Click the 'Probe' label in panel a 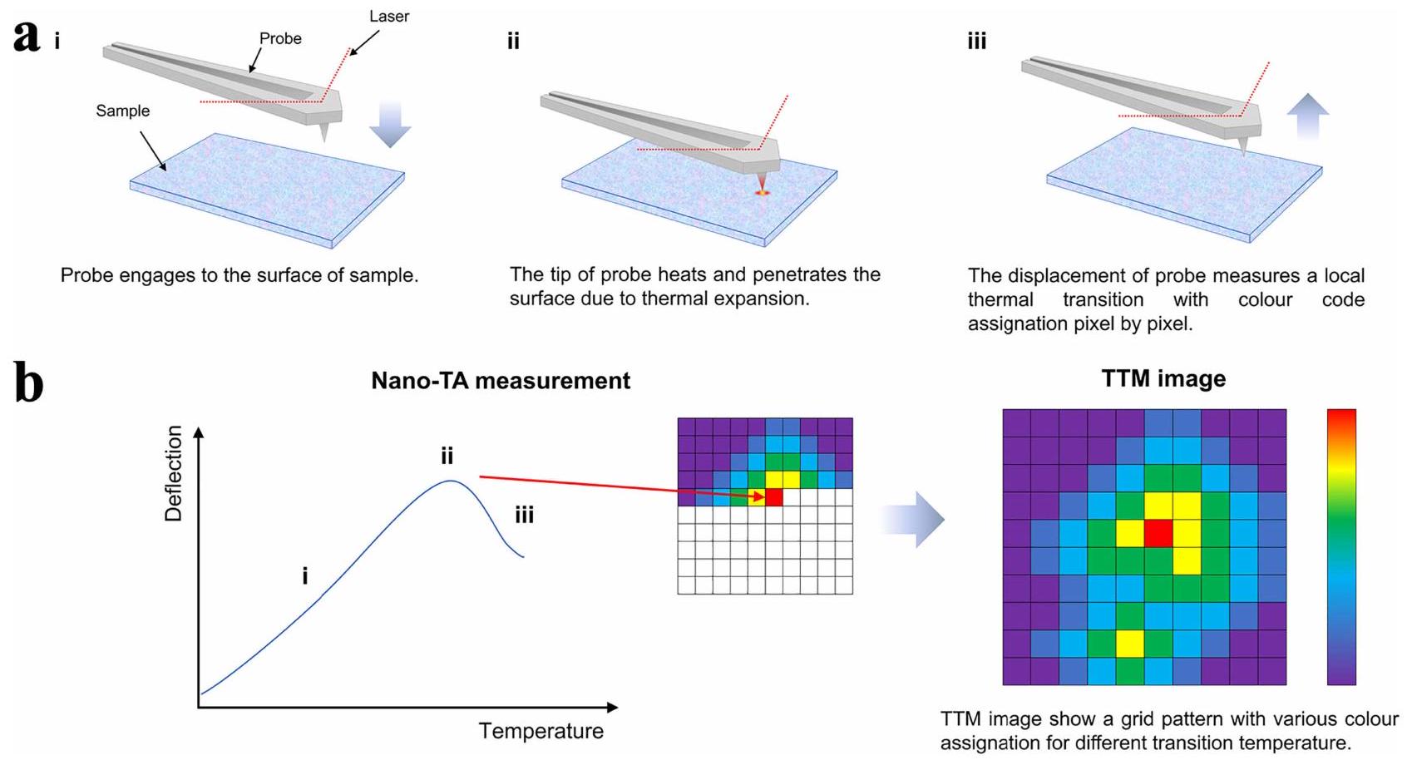click(x=280, y=38)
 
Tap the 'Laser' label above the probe click(x=389, y=16)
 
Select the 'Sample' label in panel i click(x=122, y=111)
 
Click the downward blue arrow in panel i click(x=389, y=123)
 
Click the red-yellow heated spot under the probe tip click(x=762, y=193)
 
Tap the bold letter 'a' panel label click(x=27, y=36)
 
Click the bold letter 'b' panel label click(x=29, y=384)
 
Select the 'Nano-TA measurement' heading click(x=501, y=381)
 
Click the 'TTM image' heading click(x=1163, y=379)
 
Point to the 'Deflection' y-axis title click(x=173, y=473)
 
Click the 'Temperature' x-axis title click(x=541, y=731)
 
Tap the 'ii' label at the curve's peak click(x=447, y=456)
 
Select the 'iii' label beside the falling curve click(x=524, y=516)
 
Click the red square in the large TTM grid click(x=1158, y=534)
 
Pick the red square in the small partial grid click(x=774, y=497)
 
